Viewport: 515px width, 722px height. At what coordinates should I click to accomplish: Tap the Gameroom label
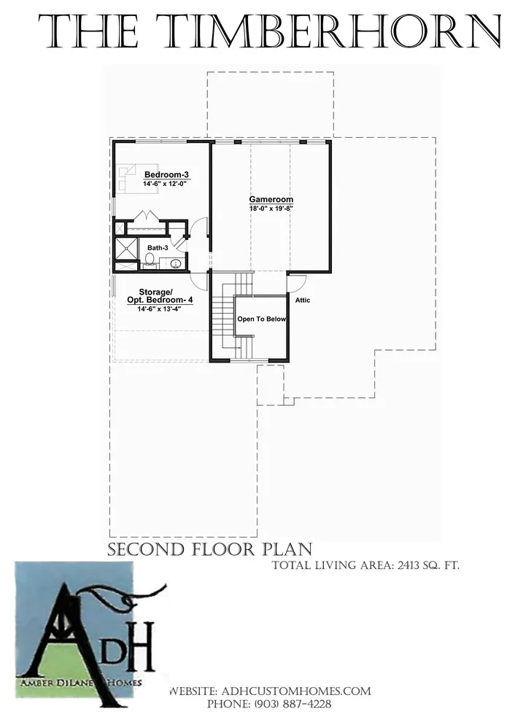point(271,200)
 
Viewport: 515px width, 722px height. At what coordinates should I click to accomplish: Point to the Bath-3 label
point(158,248)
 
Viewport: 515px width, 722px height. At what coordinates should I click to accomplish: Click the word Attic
point(303,300)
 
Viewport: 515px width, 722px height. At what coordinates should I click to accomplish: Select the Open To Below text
point(262,319)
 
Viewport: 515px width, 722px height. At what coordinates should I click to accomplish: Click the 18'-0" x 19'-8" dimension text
point(271,208)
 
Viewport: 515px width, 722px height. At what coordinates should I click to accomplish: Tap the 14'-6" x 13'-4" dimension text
point(159,309)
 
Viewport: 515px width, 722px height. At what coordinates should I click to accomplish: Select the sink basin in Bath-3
point(175,264)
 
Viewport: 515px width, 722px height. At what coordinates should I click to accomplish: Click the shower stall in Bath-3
point(125,249)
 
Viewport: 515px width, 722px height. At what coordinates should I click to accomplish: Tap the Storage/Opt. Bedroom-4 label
point(159,296)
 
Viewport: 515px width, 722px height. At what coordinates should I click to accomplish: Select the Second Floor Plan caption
point(210,549)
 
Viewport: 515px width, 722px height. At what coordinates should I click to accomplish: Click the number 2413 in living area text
point(407,565)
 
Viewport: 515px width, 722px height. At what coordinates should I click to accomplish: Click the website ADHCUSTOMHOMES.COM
point(296,691)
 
